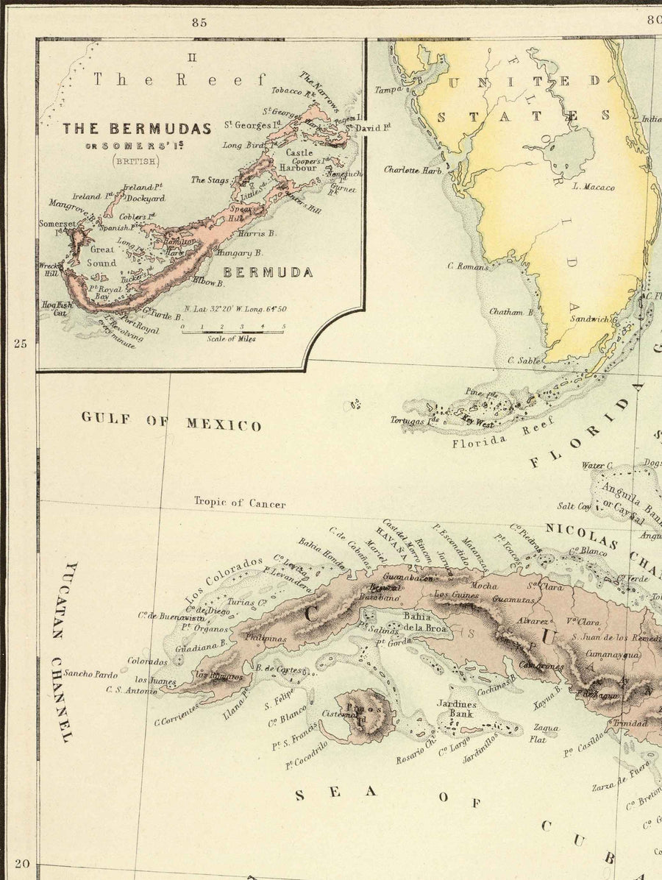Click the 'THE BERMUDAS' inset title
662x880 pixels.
tap(136, 128)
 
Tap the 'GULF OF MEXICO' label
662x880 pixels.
tap(171, 422)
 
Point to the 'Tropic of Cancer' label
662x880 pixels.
tap(240, 503)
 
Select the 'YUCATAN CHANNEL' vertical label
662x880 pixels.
tap(68, 651)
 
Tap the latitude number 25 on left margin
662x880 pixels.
tap(21, 343)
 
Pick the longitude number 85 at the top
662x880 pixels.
tap(199, 22)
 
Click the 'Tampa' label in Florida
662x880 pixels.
tap(390, 90)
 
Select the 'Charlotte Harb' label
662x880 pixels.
tap(412, 169)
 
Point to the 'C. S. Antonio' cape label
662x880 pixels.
tap(131, 689)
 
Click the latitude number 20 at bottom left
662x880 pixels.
tap(21, 865)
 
